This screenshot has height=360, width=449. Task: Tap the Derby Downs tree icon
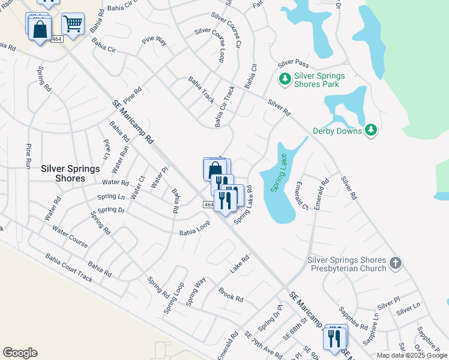371,130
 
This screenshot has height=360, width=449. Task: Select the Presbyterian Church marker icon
395,263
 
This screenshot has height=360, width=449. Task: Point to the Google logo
20,353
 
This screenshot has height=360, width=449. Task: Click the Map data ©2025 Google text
412,355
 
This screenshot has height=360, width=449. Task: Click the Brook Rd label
231,295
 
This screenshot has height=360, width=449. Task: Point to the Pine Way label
154,41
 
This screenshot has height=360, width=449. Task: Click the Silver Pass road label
293,64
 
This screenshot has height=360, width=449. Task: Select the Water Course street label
70,236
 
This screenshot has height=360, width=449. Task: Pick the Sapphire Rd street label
353,317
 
